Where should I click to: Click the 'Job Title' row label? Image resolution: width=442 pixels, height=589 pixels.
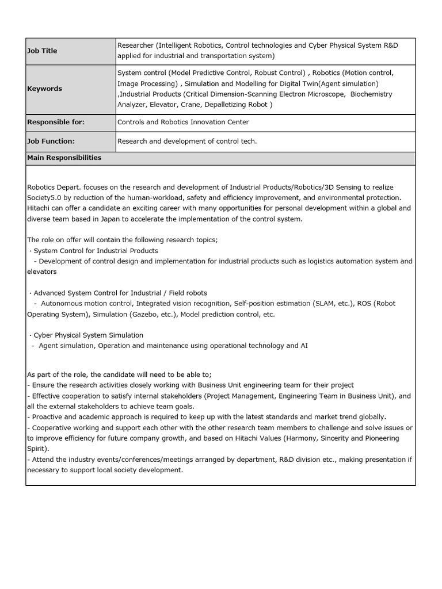click(42, 51)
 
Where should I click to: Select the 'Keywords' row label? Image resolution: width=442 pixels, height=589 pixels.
click(44, 89)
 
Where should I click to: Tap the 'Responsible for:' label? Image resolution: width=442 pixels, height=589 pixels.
click(56, 123)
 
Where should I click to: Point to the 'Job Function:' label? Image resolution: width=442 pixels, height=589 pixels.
click(51, 141)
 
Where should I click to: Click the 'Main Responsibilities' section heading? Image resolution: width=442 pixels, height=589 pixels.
click(64, 158)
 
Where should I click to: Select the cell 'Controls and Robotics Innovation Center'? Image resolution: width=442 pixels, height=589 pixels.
click(183, 123)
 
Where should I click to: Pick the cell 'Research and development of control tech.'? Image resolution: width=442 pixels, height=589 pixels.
click(187, 141)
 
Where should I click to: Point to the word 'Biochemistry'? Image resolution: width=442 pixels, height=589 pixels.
click(371, 94)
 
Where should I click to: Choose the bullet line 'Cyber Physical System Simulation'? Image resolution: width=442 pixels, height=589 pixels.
click(88, 335)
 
